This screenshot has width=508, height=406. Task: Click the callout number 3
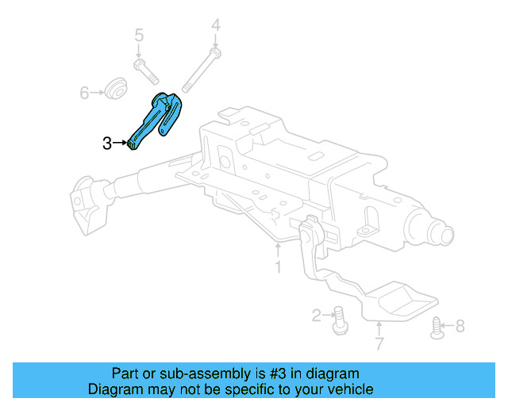point(107,144)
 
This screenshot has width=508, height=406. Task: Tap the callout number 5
point(139,35)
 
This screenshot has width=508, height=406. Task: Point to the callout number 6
point(85,93)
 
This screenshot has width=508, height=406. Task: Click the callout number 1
point(278,267)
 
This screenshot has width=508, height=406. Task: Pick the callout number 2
point(317,316)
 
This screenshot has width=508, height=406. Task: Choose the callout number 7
point(379,343)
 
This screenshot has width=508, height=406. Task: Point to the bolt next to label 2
point(338,317)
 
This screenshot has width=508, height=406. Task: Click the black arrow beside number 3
point(123,144)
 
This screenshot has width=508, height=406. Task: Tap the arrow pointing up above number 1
point(278,250)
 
